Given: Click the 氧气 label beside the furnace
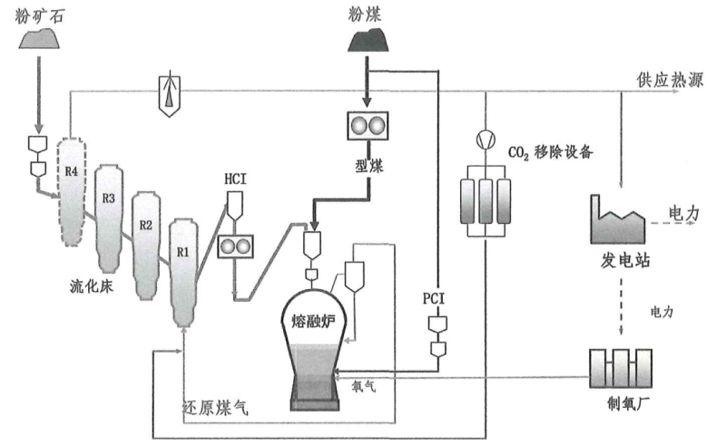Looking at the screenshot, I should tap(364, 385).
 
